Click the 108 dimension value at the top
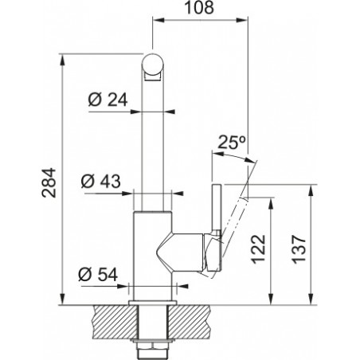click(x=199, y=7)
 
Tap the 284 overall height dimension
click(x=49, y=182)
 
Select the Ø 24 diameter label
click(x=108, y=100)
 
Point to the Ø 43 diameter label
click(x=101, y=182)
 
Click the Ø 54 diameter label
click(x=98, y=274)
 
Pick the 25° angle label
click(x=231, y=143)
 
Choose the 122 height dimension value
click(x=258, y=249)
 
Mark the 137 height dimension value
click(x=299, y=249)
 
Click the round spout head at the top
click(x=152, y=65)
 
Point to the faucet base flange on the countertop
click(x=152, y=303)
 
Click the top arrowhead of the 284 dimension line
click(x=62, y=60)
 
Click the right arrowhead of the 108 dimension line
click(x=241, y=20)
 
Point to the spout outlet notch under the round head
click(x=152, y=77)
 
